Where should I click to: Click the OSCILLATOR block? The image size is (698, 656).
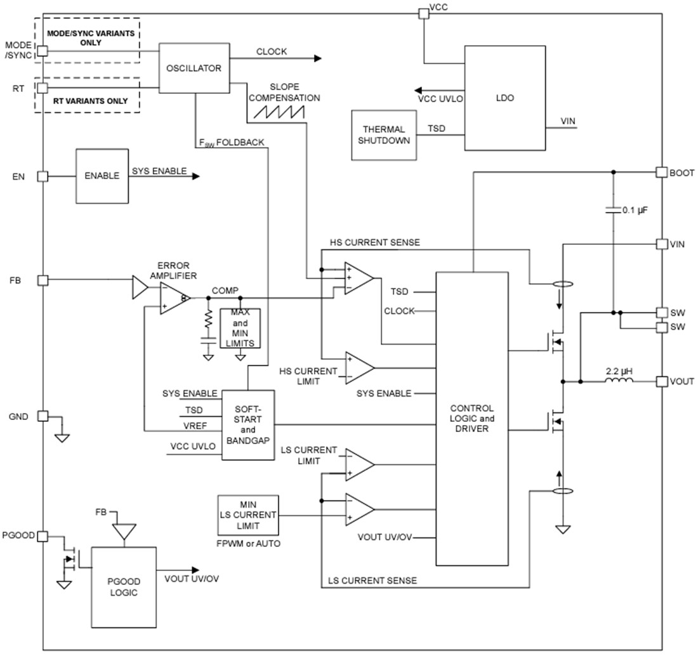194,68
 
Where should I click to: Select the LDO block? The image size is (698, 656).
504,98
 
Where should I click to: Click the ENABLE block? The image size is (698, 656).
102,176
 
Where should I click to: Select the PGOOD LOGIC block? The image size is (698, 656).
124,587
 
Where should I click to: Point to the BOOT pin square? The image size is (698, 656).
661,172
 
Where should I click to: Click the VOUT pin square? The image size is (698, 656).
661,381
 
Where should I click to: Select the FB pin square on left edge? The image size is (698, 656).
43,280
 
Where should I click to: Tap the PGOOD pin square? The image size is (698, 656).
43,536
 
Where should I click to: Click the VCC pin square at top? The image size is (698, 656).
423,13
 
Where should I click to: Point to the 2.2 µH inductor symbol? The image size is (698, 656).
618,381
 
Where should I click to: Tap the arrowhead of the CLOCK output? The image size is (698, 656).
317,58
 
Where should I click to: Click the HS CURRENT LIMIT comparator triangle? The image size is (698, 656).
359,368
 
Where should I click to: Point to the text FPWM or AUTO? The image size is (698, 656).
247,544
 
